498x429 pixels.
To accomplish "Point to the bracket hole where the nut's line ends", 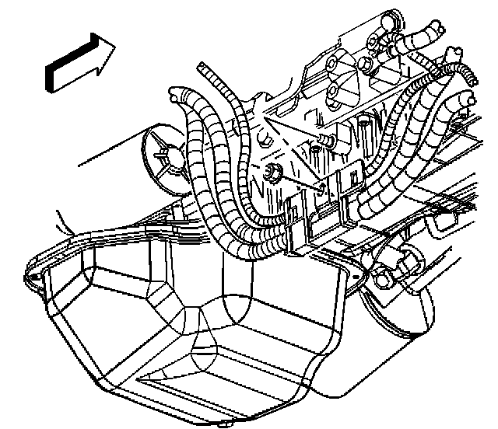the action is click(321, 187).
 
